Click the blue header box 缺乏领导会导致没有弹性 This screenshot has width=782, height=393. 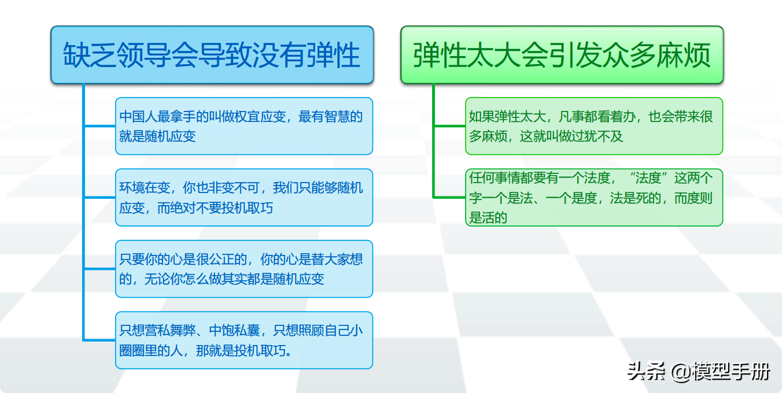click(x=212, y=55)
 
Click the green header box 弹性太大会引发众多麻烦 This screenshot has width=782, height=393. click(x=562, y=55)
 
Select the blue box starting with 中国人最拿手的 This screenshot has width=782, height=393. click(x=244, y=126)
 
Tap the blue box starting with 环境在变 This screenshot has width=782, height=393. click(x=244, y=198)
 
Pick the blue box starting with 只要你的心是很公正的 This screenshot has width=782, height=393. click(x=244, y=269)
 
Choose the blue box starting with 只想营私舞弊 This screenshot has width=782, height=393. click(x=244, y=340)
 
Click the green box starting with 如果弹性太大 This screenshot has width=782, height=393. click(x=594, y=126)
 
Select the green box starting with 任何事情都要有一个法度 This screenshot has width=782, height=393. click(x=594, y=198)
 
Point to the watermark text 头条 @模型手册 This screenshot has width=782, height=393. click(x=699, y=372)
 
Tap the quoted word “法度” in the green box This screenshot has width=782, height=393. click(x=648, y=178)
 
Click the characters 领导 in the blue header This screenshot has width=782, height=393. click(x=143, y=55)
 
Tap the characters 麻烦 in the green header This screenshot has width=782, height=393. click(x=683, y=55)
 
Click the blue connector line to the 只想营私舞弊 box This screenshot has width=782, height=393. click(x=100, y=340)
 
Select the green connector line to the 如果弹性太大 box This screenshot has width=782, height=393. click(x=449, y=126)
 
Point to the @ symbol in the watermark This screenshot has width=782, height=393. click(x=681, y=372)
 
